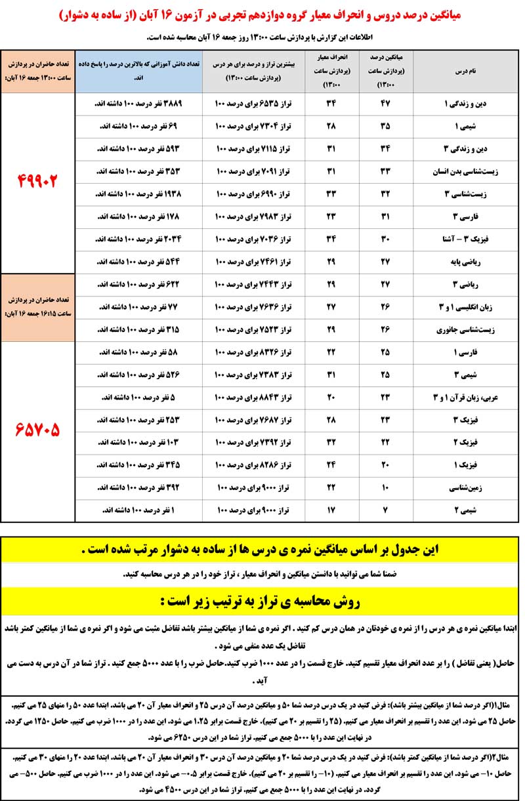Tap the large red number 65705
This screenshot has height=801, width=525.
[x=39, y=430]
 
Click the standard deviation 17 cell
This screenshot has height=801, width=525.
[x=331, y=509]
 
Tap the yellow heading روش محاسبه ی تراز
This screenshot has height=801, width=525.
[x=262, y=600]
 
